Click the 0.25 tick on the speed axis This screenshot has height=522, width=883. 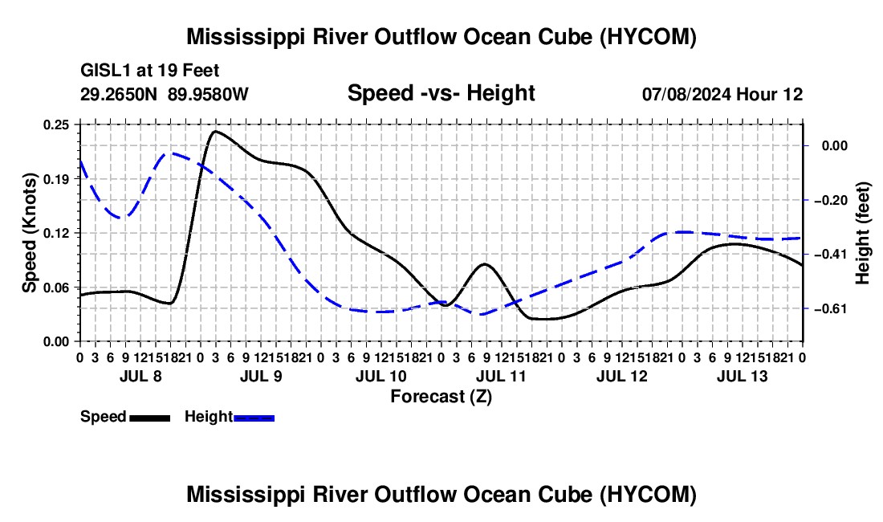tap(56, 125)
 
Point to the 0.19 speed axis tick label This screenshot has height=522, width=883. tap(56, 179)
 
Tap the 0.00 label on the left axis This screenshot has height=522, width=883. tap(56, 341)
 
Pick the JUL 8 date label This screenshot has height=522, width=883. tap(140, 376)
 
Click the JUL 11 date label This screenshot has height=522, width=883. tap(501, 376)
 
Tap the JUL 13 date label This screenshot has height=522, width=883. tap(742, 376)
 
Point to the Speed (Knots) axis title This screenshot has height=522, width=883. tap(29, 233)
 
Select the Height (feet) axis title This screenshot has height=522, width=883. tap(863, 233)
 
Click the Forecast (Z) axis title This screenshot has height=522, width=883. tap(441, 397)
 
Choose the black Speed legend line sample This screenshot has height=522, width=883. tap(150, 418)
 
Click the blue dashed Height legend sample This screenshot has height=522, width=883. tap(254, 418)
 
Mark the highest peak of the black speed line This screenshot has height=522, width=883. tap(216, 131)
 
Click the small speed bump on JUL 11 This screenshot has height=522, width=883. tap(484, 264)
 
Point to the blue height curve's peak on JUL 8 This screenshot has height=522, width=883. tap(172, 153)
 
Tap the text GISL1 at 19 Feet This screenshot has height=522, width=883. tap(150, 71)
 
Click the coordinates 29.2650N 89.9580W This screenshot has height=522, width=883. tap(165, 94)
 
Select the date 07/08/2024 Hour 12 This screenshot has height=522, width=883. tap(722, 94)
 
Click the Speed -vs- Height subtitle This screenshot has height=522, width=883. tap(441, 93)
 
